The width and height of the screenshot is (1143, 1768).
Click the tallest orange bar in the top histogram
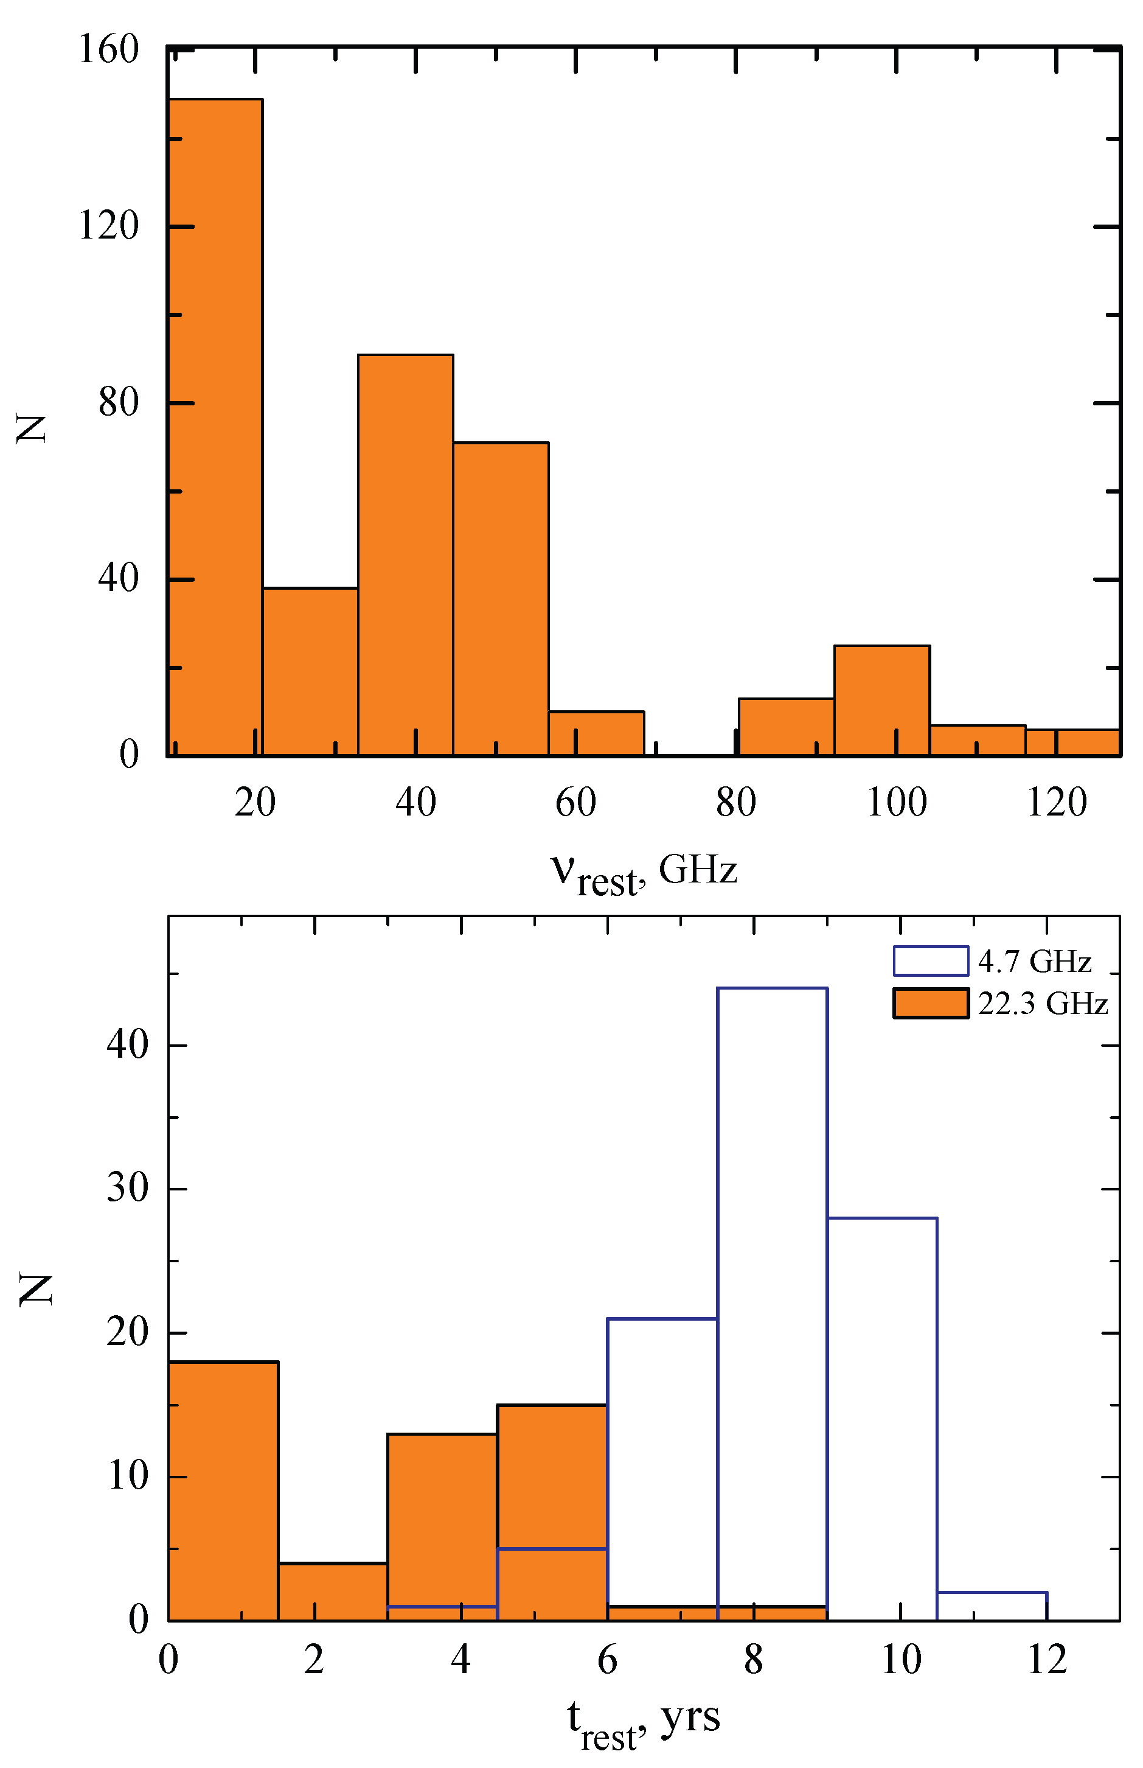pyautogui.click(x=215, y=427)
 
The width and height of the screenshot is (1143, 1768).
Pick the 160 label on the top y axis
pyautogui.click(x=109, y=51)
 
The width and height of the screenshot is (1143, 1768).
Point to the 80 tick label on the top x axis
pyautogui.click(x=735, y=803)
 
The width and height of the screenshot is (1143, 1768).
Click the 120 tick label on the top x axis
pyautogui.click(x=1056, y=803)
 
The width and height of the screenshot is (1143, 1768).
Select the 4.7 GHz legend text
pyautogui.click(x=1034, y=962)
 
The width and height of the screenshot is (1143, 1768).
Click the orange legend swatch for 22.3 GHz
pyautogui.click(x=930, y=1003)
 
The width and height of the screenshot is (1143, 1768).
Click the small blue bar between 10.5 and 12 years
pyautogui.click(x=992, y=1606)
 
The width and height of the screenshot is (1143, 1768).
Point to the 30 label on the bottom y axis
pyautogui.click(x=128, y=1189)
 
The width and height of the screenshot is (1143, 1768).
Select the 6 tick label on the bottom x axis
pyautogui.click(x=607, y=1660)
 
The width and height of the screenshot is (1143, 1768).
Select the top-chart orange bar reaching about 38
pyautogui.click(x=310, y=672)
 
